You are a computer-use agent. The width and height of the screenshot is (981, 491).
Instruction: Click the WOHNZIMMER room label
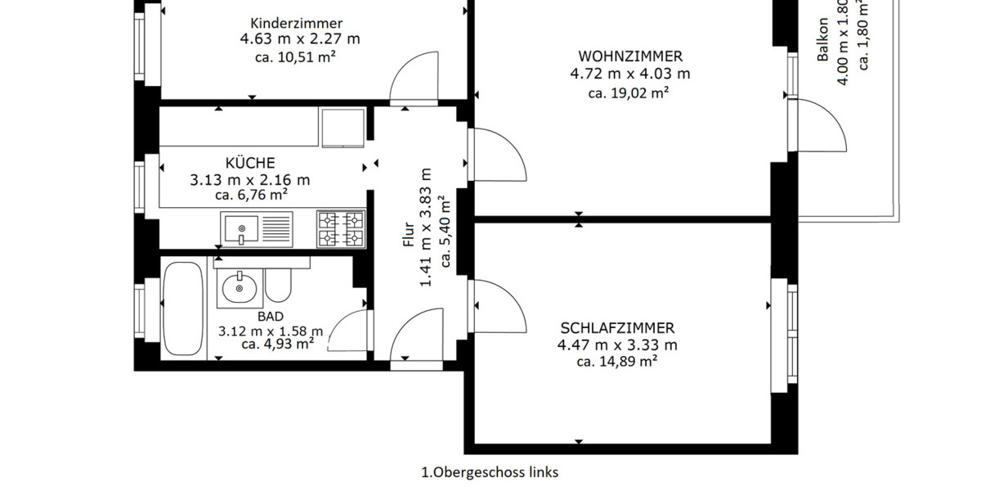point(629,56)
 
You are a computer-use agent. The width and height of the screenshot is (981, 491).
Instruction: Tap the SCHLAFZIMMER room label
point(617,328)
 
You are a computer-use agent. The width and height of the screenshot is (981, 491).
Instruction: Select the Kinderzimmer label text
point(297,23)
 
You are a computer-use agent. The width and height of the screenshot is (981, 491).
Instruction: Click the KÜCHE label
point(250,163)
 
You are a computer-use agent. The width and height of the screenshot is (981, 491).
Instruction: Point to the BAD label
point(270,316)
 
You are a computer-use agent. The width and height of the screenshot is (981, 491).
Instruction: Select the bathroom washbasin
point(239,288)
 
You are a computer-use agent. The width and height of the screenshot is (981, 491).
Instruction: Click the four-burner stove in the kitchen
point(341,228)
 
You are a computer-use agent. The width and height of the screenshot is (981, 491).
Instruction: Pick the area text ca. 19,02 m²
point(629,92)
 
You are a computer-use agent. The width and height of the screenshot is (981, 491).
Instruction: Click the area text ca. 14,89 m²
point(617,361)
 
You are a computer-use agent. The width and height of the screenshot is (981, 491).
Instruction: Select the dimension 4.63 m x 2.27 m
point(299,39)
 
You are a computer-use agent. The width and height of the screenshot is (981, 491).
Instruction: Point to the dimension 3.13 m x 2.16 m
point(250,180)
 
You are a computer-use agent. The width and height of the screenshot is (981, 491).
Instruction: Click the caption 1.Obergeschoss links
point(490,472)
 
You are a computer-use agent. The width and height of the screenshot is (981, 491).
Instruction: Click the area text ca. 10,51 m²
point(297,56)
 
